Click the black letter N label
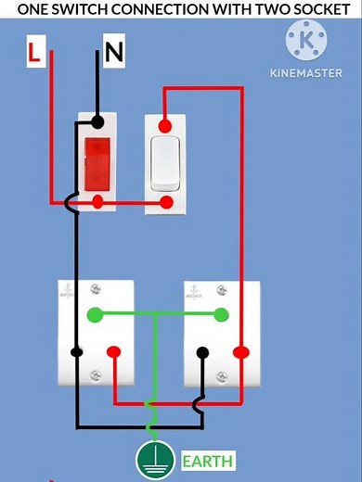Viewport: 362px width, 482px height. click(113, 53)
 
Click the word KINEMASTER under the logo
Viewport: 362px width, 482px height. click(305, 72)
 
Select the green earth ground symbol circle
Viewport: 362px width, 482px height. click(155, 460)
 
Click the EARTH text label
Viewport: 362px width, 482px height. click(207, 461)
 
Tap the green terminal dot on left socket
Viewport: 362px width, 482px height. click(94, 314)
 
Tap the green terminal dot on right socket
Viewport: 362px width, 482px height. click(221, 314)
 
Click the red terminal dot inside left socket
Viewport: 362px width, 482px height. click(113, 352)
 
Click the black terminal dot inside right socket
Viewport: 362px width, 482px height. click(202, 352)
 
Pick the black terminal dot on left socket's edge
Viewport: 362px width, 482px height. click(76, 352)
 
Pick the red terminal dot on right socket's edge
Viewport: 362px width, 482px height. click(241, 352)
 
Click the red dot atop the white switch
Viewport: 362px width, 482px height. click(165, 125)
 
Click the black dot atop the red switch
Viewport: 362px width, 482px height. click(97, 122)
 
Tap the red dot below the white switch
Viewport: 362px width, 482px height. click(167, 201)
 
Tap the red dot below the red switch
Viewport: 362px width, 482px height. click(98, 201)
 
